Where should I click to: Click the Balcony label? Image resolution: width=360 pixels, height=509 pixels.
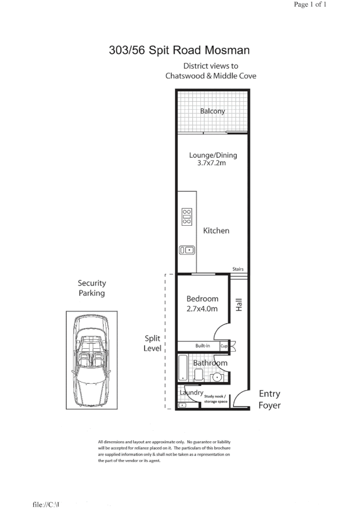click(213, 112)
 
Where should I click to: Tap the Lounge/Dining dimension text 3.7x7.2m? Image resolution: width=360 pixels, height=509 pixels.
click(212, 164)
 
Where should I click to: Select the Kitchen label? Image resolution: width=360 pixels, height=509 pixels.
click(216, 230)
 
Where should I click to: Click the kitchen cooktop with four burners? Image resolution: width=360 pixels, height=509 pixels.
click(187, 216)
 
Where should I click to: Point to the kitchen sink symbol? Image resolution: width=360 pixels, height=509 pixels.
click(187, 250)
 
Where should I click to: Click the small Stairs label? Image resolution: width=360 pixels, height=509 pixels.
click(238, 269)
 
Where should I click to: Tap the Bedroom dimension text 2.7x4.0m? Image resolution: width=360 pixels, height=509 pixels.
click(202, 309)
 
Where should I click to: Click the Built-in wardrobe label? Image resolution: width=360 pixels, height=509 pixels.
click(203, 346)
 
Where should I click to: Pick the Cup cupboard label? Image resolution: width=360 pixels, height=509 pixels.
click(224, 346)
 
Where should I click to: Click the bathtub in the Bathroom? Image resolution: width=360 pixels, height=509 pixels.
click(184, 369)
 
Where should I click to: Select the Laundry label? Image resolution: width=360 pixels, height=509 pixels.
click(191, 392)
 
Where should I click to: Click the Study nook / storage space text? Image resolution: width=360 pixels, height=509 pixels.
click(215, 399)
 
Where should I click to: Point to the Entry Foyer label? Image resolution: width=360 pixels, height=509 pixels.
click(270, 400)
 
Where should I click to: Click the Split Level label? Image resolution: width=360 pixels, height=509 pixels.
click(153, 344)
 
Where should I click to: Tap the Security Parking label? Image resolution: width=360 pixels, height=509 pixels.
click(92, 288)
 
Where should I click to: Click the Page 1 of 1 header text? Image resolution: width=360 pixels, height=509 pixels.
click(310, 5)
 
